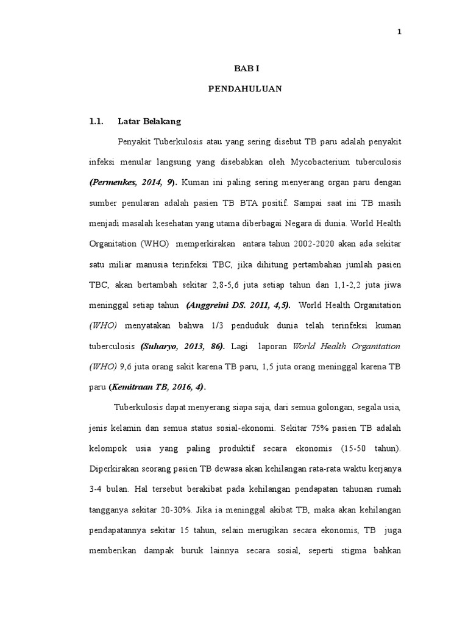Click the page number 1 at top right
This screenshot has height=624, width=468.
coord(399,33)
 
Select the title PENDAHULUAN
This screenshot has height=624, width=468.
coord(244,89)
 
